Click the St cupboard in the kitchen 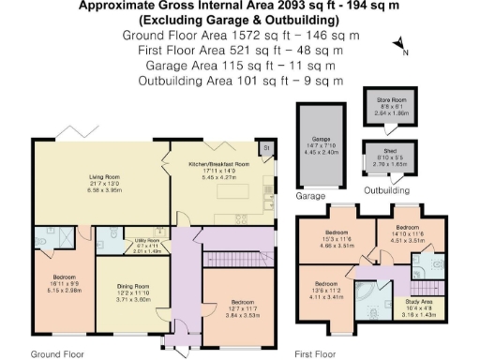click(x=265, y=147)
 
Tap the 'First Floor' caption click(x=315, y=354)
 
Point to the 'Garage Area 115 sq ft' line click(x=240, y=67)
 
